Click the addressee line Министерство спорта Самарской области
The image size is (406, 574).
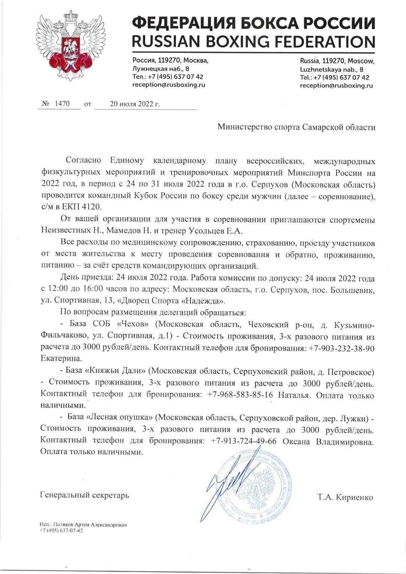296,127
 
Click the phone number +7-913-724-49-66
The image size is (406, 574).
243,441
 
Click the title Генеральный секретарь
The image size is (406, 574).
84,496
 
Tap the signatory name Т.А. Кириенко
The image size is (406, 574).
345,497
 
